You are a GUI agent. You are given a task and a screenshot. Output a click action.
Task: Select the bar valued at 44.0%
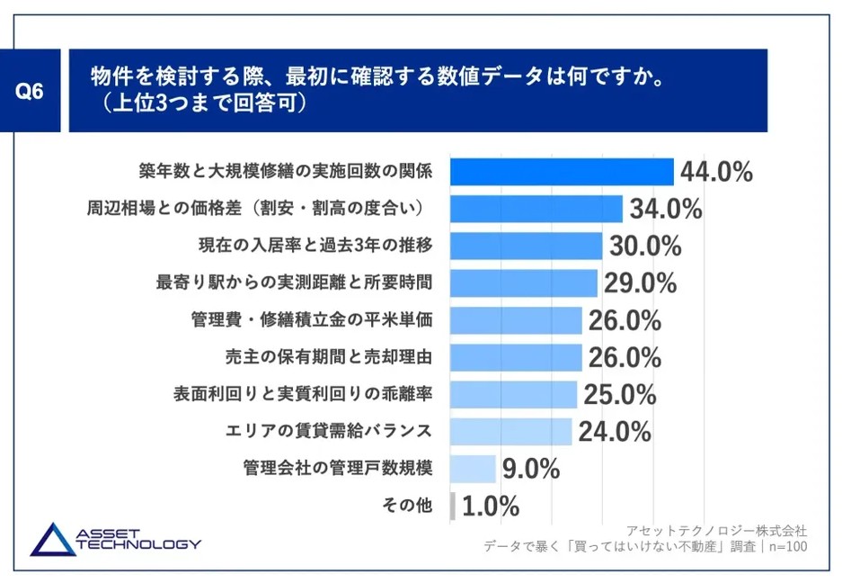(x=561, y=172)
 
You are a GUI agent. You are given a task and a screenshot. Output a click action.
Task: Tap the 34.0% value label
(x=666, y=210)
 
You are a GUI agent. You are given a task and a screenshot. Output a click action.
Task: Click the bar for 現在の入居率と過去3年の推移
(x=525, y=246)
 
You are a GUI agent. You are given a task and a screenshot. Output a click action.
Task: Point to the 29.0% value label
(x=640, y=283)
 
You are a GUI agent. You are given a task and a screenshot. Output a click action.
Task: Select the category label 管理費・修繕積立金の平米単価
(x=313, y=320)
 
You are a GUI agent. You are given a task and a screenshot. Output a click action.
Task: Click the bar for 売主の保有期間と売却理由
(x=516, y=357)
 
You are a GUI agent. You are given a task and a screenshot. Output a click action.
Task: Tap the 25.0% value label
(x=620, y=395)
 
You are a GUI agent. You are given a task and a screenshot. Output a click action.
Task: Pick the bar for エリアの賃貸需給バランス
(x=510, y=432)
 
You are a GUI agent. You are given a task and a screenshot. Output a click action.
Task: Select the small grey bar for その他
(x=452, y=506)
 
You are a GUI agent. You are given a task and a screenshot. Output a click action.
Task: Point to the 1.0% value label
(x=491, y=507)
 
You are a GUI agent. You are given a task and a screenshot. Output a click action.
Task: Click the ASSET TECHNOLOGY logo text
(x=135, y=540)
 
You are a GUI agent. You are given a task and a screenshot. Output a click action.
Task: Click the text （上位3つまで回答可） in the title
(x=205, y=103)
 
